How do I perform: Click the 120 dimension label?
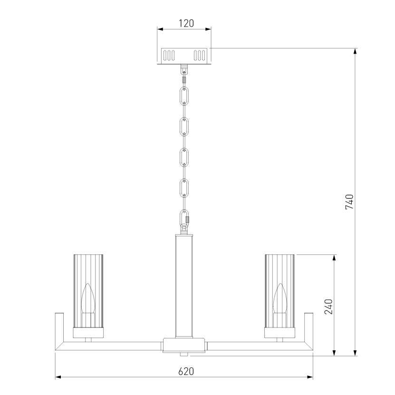point(186,23)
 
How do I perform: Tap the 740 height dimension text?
point(349,202)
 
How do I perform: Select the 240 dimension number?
point(328,307)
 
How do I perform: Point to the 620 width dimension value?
point(186,371)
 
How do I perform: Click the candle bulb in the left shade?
point(88,298)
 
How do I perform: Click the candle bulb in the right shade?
point(279,298)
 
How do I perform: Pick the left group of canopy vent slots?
point(169,56)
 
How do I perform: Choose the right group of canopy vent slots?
point(199,56)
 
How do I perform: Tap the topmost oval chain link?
point(184,96)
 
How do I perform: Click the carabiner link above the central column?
point(184,218)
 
